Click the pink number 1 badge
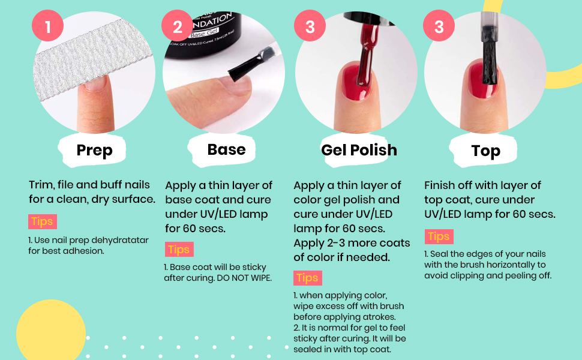47,26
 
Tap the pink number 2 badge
177,26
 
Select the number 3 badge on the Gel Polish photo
310,26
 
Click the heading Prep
94,151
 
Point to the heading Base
226,149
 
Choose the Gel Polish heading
359,150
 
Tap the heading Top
486,151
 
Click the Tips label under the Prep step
43,221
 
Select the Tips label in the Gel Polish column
308,278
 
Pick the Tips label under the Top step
439,236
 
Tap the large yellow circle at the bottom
51,331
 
